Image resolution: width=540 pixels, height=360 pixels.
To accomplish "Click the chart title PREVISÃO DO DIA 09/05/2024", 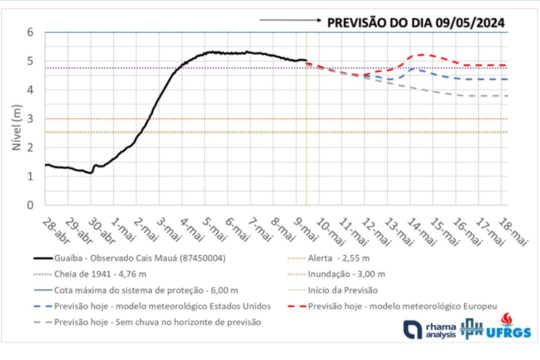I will click(x=416, y=23).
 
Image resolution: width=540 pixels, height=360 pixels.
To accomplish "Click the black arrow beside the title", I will click(x=290, y=21).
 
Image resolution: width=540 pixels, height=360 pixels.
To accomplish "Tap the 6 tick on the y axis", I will click(x=31, y=32).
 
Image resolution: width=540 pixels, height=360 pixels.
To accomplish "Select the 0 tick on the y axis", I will click(x=31, y=205).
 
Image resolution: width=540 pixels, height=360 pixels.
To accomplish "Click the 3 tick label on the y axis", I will click(x=31, y=119).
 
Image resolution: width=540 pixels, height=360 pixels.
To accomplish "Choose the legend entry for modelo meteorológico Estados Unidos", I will click(x=164, y=305).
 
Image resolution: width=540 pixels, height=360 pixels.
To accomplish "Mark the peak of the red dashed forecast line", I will click(x=422, y=54).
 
